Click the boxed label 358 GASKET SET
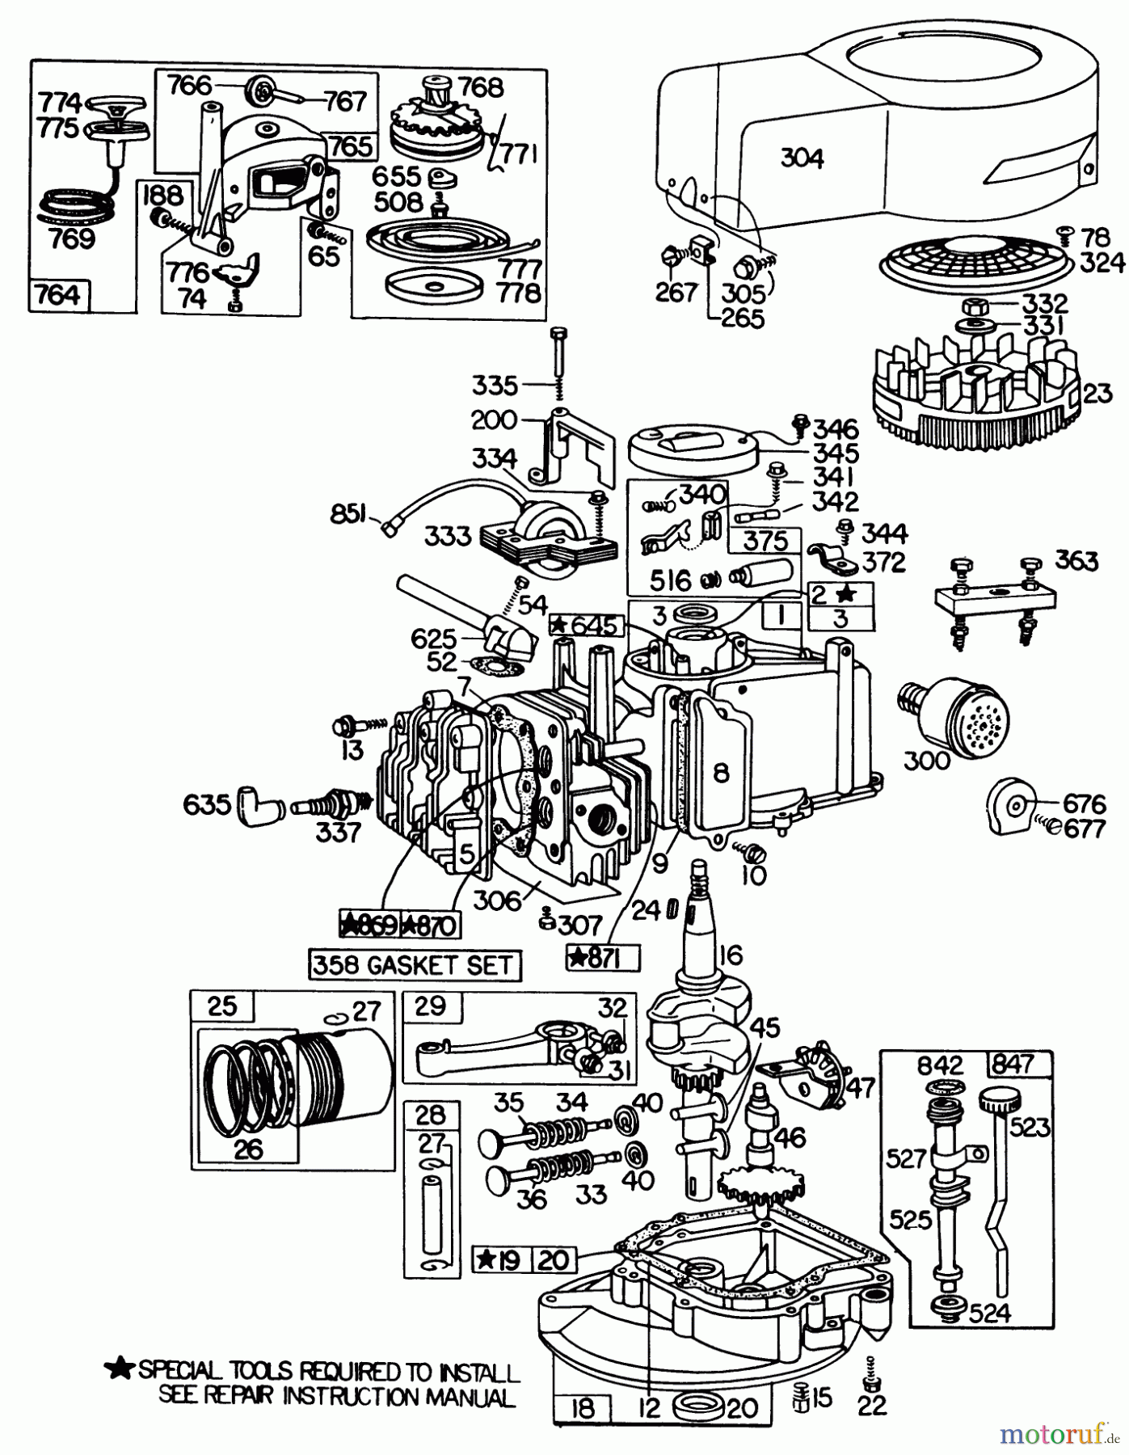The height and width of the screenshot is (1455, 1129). click(x=414, y=964)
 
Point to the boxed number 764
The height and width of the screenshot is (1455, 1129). click(x=59, y=295)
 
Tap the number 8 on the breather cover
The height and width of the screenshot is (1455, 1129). click(x=721, y=773)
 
